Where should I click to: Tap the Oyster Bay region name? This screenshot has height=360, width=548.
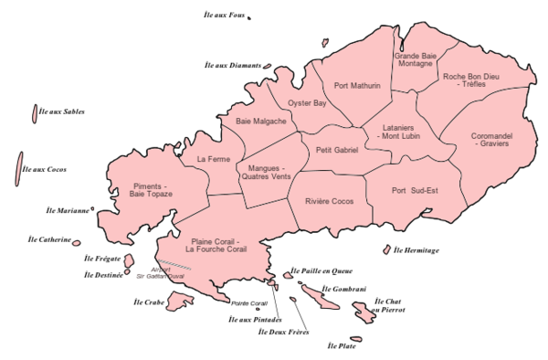(307, 104)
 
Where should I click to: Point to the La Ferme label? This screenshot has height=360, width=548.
(213, 159)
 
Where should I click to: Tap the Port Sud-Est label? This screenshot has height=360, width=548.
(415, 190)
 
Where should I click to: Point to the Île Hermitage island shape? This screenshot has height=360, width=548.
(386, 249)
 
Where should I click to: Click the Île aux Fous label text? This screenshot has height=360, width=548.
(225, 16)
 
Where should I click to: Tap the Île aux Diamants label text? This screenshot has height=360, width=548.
(233, 66)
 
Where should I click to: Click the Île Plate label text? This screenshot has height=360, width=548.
(342, 346)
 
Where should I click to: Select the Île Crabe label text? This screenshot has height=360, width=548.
(149, 302)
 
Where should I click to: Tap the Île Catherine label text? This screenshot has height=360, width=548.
(49, 240)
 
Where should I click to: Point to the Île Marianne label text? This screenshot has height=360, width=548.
(68, 210)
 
